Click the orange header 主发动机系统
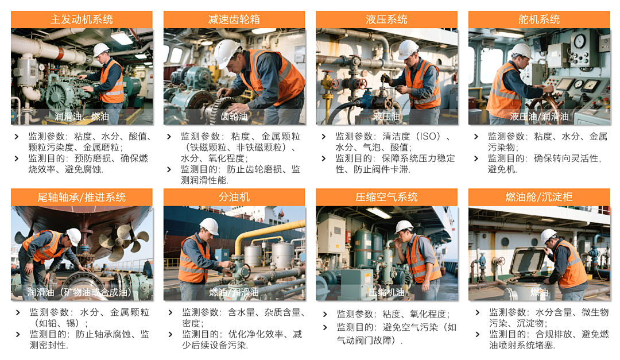(82, 20)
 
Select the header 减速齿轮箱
(234, 20)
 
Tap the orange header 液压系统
(386, 20)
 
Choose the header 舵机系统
(538, 20)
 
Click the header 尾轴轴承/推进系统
(82, 198)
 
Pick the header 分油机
(234, 198)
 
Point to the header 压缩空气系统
(386, 198)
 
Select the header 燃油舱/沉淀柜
(538, 198)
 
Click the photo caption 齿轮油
(234, 117)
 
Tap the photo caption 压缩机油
(386, 292)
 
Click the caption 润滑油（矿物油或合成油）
(80, 292)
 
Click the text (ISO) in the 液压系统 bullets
(426, 137)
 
